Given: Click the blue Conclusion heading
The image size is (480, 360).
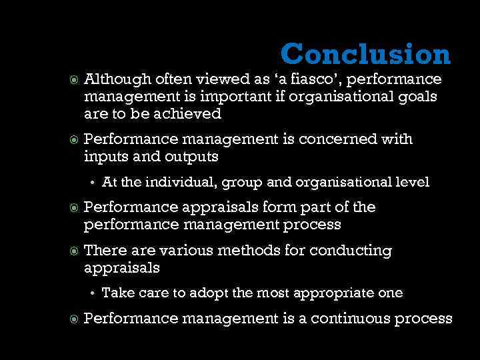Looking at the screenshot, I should coord(365,54).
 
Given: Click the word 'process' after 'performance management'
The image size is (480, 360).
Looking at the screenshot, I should coord(311,225).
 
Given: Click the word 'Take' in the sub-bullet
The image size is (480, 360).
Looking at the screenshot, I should coord(115,293).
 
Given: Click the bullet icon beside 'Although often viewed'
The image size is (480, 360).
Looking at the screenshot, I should coord(74,80).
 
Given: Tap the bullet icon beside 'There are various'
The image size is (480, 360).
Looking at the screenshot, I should coord(74,251).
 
